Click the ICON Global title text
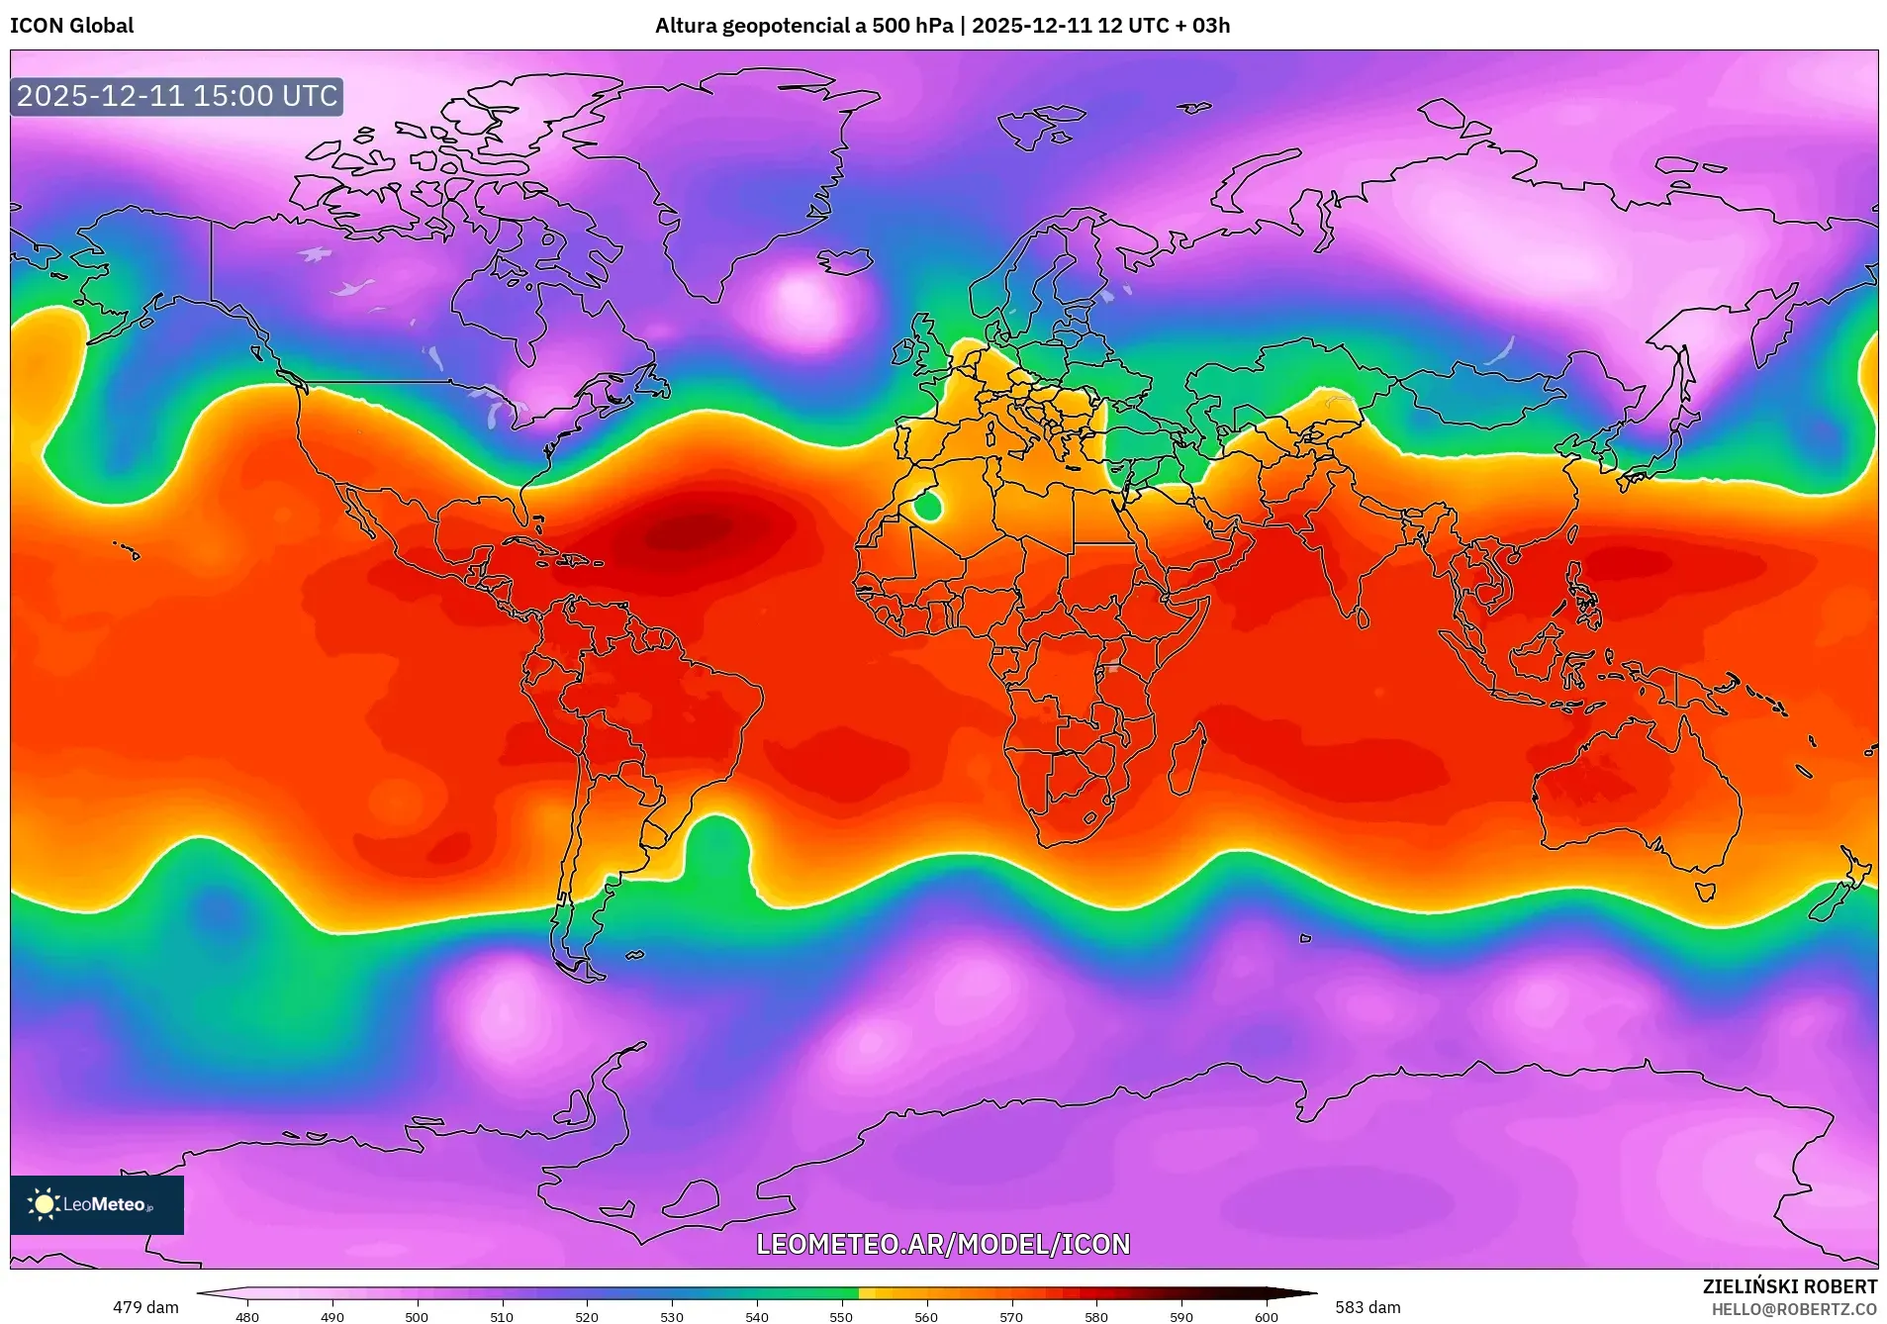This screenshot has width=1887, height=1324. (71, 26)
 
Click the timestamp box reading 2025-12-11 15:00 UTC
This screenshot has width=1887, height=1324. (177, 96)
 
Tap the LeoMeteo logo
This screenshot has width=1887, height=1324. (96, 1204)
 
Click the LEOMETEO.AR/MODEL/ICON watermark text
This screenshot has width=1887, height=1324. (942, 1244)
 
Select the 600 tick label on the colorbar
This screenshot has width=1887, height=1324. (1266, 1317)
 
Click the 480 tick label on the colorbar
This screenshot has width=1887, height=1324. (247, 1317)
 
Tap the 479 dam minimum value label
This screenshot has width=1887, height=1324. (145, 1307)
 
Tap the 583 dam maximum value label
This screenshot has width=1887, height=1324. (1368, 1307)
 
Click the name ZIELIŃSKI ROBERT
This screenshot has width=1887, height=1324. (1789, 1286)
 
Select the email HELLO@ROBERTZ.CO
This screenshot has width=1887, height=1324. (1794, 1309)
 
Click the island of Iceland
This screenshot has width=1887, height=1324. (844, 261)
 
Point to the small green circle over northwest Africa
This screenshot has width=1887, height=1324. (927, 507)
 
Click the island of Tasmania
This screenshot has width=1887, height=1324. (1705, 891)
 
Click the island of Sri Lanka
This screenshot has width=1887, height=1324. (1363, 618)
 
